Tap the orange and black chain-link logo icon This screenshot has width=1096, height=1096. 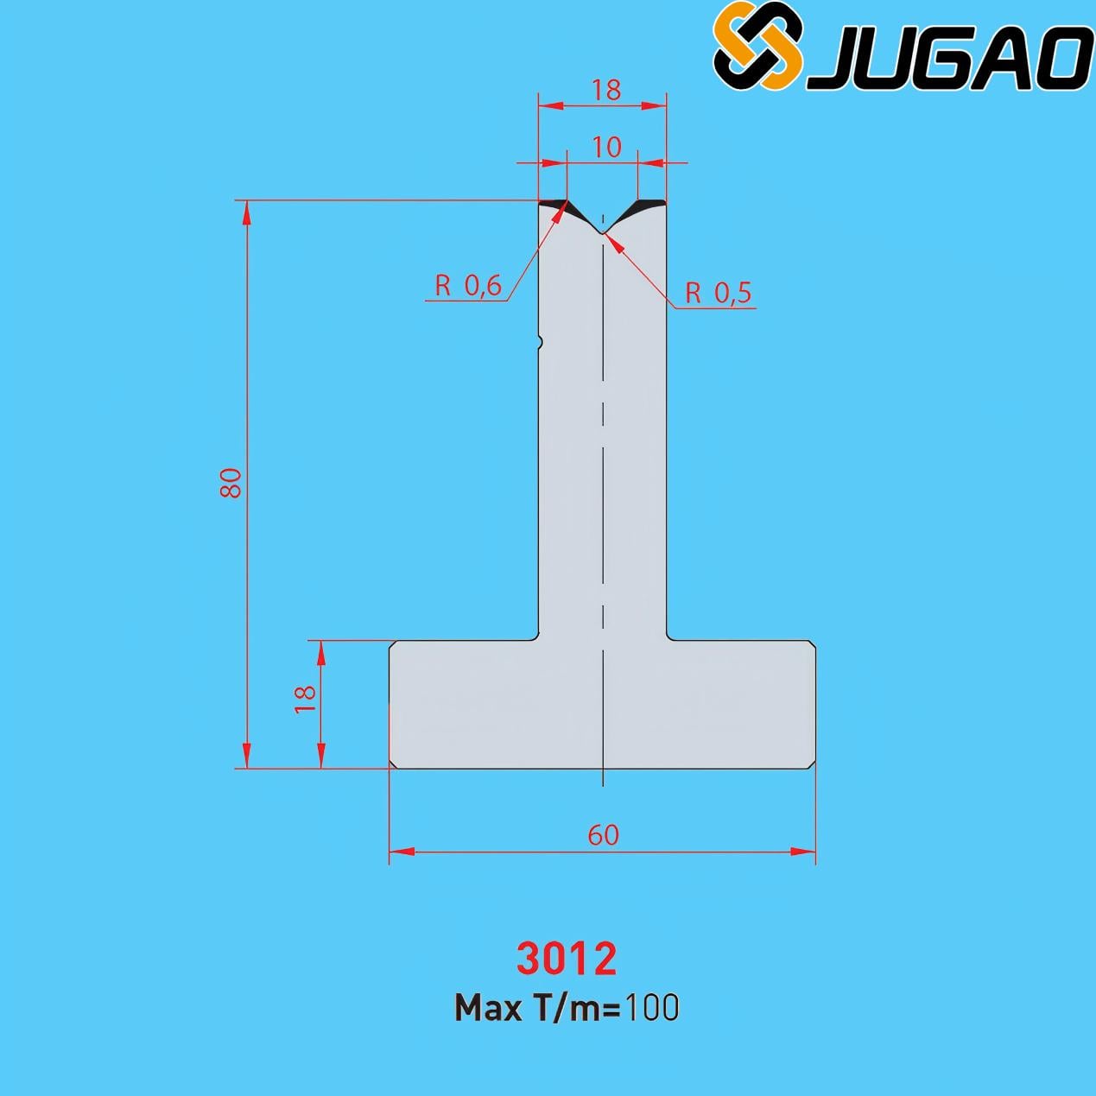757,46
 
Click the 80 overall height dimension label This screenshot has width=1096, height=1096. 231,483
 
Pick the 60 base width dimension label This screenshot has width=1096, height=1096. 603,835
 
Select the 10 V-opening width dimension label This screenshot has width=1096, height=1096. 606,148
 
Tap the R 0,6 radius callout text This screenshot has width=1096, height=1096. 468,286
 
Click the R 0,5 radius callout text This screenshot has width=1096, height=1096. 718,293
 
